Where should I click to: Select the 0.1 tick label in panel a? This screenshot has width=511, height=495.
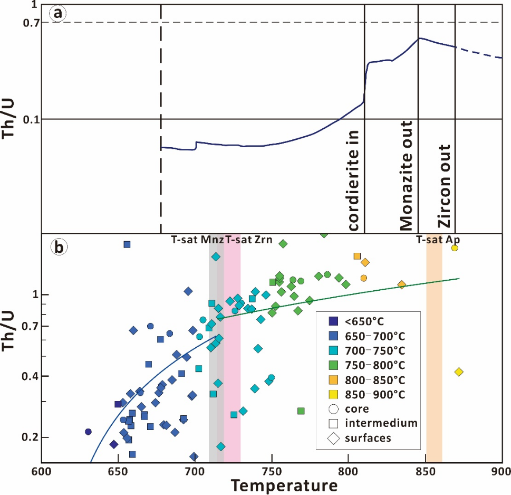coord(31,119)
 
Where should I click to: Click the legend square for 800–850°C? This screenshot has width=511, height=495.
coord(333,379)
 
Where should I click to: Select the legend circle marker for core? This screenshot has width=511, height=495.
coord(333,408)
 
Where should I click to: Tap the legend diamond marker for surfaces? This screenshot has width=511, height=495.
coord(333,437)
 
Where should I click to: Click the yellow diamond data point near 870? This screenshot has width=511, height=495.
coord(459,372)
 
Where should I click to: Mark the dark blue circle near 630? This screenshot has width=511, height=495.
coord(89,432)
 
